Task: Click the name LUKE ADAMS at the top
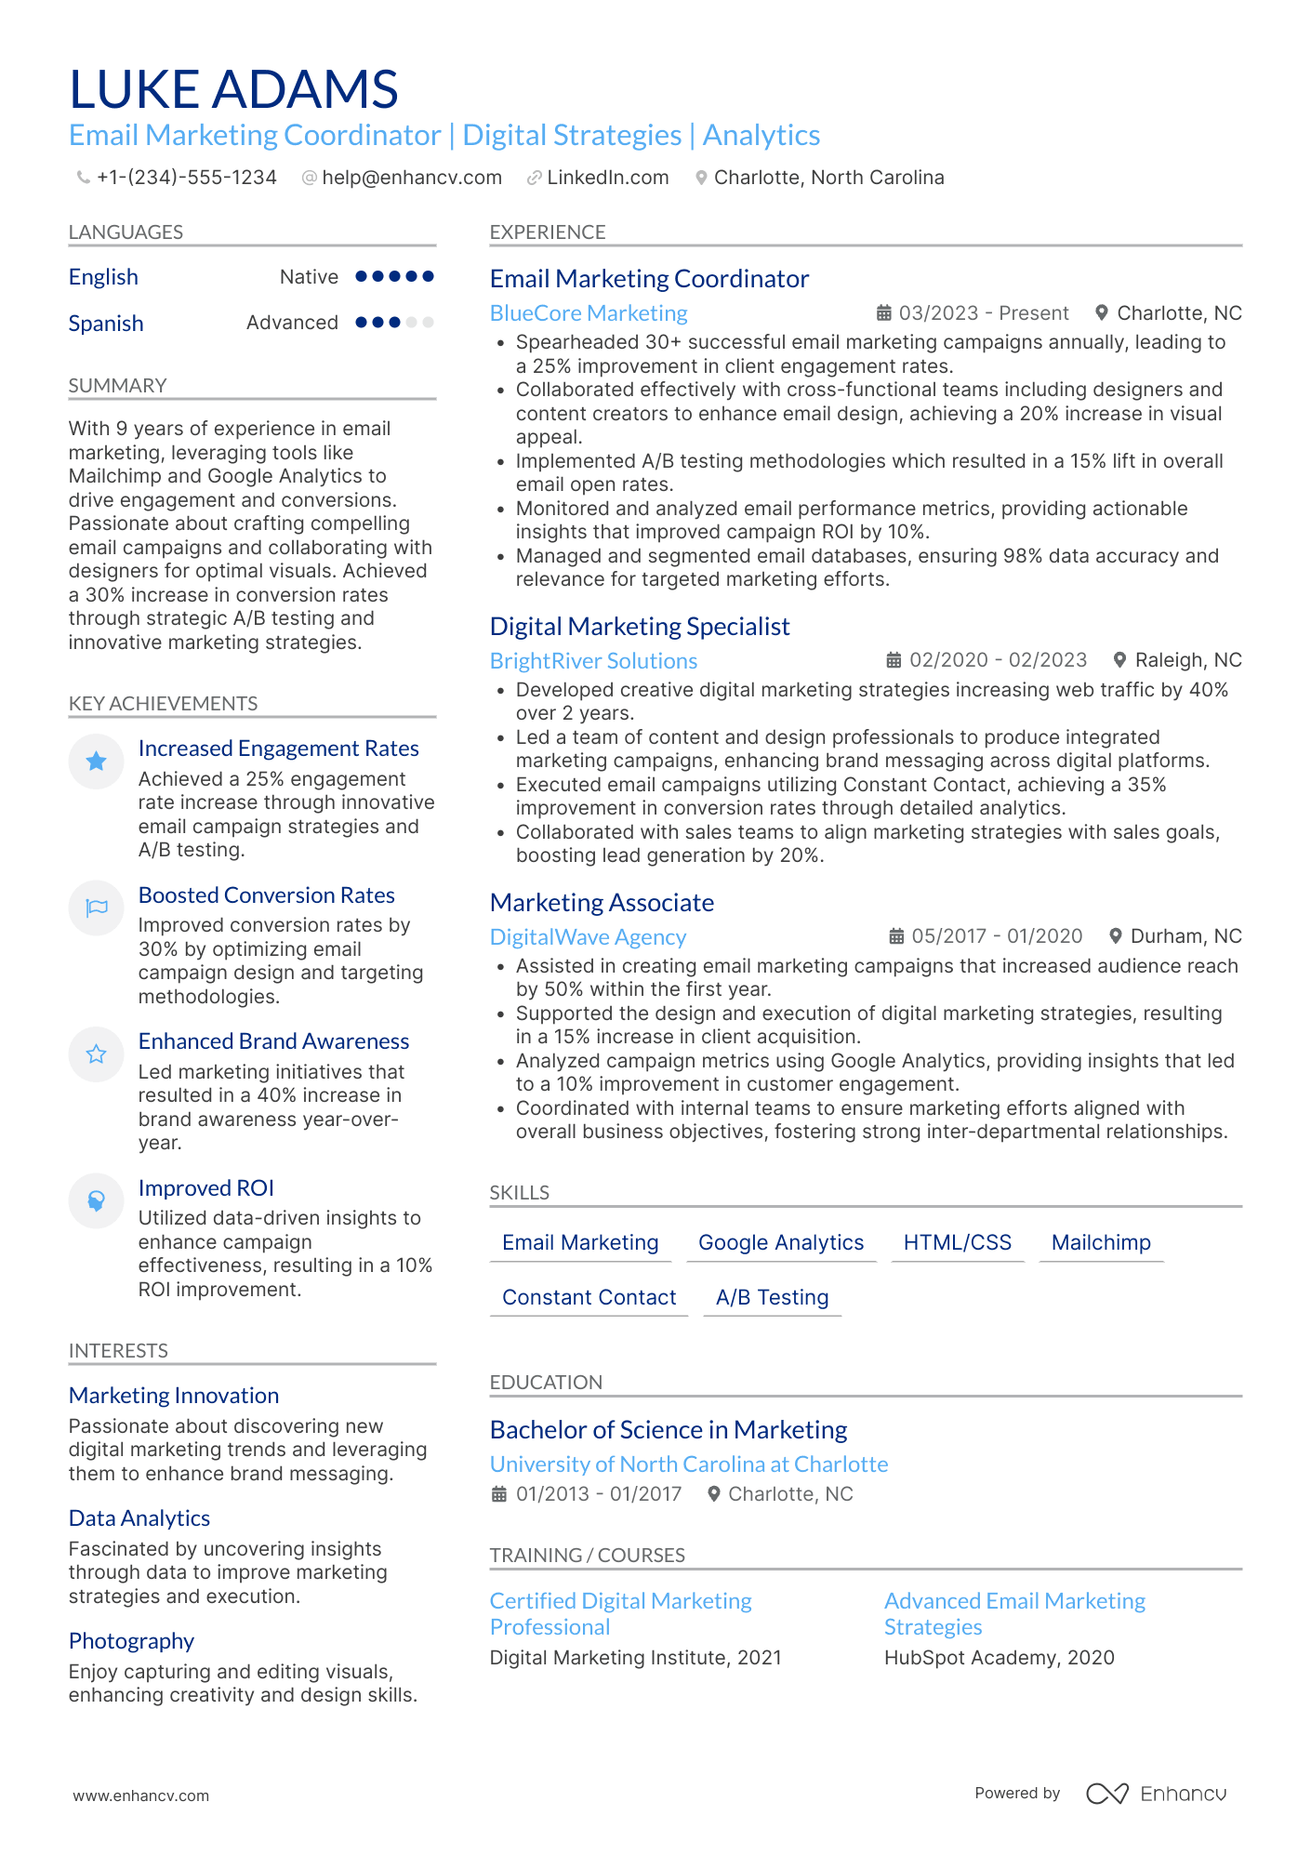[233, 90]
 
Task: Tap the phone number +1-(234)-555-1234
[186, 178]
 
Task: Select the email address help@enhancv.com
[411, 178]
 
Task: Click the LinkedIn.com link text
[607, 178]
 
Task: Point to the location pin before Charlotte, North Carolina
[701, 178]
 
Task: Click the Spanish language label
[106, 324]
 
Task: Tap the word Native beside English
[309, 277]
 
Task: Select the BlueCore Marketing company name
[589, 313]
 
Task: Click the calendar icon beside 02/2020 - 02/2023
[894, 660]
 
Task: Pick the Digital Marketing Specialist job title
[640, 627]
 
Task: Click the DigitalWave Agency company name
[588, 937]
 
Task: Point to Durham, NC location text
[1185, 936]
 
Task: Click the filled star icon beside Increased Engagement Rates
[96, 762]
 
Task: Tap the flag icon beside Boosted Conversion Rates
[97, 908]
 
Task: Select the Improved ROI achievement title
[206, 1188]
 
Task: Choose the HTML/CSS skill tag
[957, 1243]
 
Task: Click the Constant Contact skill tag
[589, 1298]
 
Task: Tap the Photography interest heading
[131, 1641]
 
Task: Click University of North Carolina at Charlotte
[689, 1464]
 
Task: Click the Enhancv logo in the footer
[1156, 1794]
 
